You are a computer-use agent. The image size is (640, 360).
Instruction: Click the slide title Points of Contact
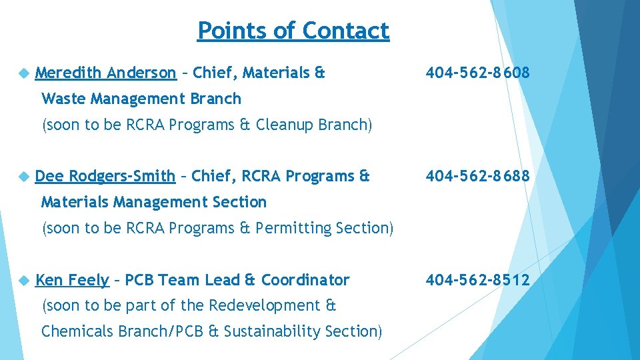(293, 31)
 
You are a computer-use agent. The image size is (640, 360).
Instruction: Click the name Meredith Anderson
(105, 73)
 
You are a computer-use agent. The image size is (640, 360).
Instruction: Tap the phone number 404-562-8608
(478, 73)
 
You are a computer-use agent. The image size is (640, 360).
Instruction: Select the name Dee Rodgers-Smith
(105, 176)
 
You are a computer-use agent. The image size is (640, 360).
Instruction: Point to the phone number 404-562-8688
(478, 176)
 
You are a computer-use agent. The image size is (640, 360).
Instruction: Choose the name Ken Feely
(71, 280)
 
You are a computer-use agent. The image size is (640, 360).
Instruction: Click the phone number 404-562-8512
(478, 280)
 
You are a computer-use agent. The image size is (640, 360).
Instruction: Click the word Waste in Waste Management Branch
(63, 99)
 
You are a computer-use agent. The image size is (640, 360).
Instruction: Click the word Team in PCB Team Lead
(179, 280)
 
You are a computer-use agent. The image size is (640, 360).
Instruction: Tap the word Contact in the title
(345, 31)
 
